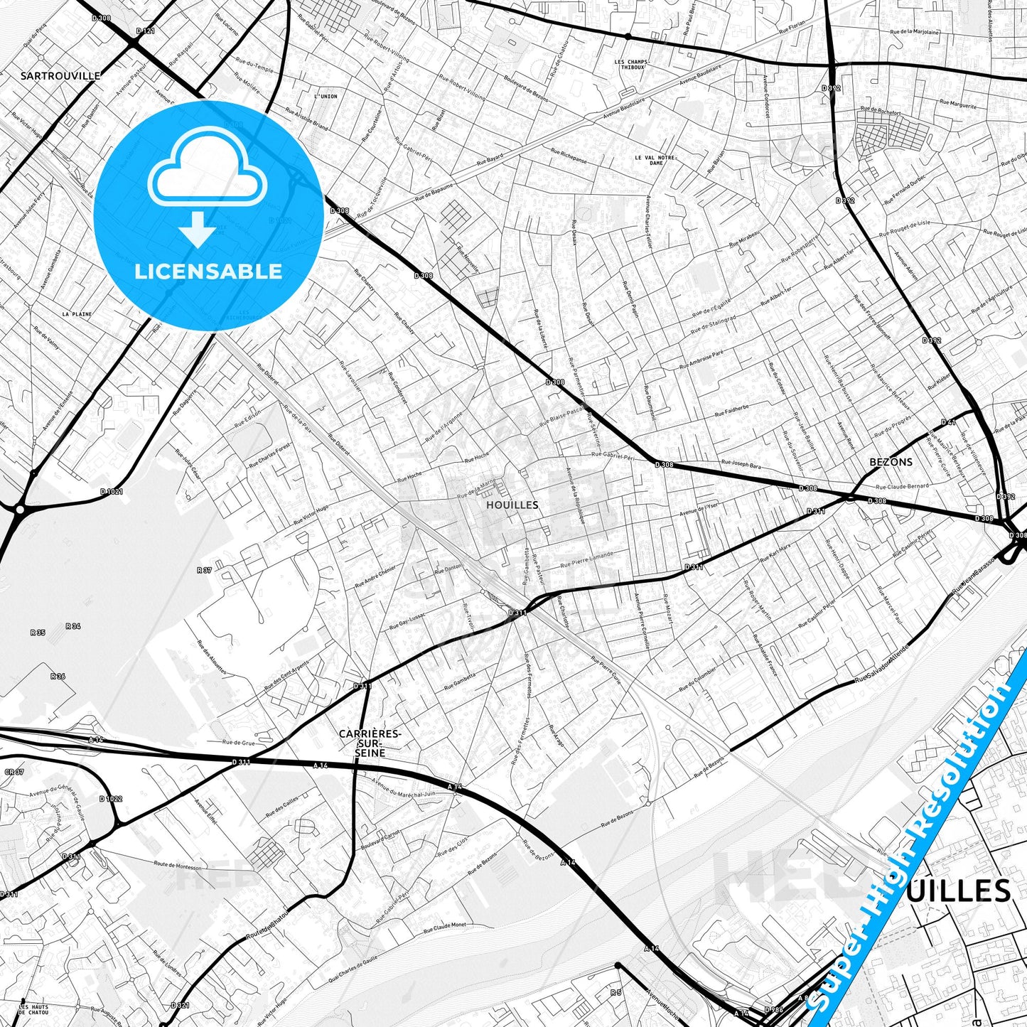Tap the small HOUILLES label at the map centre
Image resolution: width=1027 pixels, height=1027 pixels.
512,505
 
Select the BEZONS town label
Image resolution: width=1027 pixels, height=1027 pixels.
891,462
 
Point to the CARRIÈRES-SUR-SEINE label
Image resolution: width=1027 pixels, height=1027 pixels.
370,743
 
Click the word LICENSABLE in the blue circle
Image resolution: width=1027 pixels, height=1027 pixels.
208,271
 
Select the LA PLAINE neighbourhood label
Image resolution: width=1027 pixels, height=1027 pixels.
77,313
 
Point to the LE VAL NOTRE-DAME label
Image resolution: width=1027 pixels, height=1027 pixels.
652,160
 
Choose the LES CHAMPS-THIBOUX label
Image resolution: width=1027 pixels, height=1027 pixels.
632,65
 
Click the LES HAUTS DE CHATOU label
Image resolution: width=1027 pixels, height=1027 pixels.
33,1011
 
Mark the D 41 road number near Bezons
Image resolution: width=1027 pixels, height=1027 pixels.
947,422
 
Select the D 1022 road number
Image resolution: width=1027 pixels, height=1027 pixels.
111,798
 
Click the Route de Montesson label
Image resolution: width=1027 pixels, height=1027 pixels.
177,866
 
